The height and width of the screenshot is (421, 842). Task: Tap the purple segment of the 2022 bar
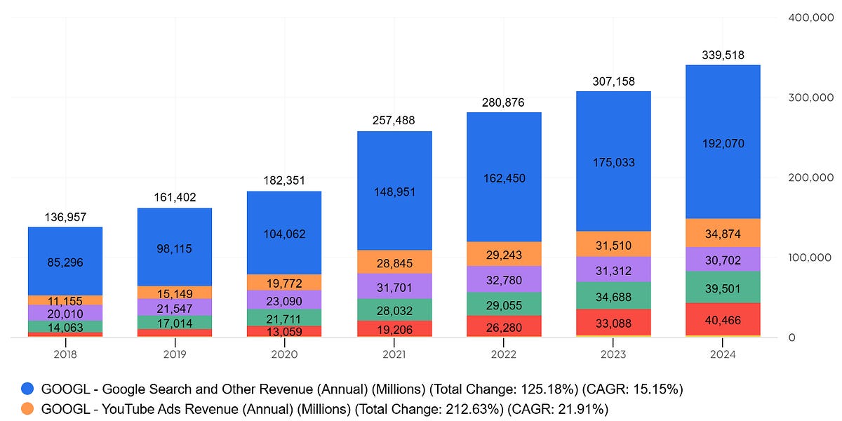point(504,279)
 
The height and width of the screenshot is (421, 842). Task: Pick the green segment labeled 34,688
point(613,295)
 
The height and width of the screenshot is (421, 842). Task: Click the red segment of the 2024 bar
point(723,319)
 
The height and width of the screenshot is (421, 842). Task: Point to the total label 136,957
point(65,217)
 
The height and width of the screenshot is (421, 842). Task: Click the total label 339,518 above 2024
point(723,55)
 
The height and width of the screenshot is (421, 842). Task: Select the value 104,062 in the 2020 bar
point(284,234)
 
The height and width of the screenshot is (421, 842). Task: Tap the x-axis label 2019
point(175,354)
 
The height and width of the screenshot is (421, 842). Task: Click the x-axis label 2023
point(613,354)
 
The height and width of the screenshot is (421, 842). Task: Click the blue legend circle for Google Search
point(27,389)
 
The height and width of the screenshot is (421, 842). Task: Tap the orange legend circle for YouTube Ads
point(27,408)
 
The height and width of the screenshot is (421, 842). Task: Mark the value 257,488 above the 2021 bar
point(394,121)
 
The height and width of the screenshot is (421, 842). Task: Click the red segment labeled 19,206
point(394,328)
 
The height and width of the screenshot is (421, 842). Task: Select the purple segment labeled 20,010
point(65,313)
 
